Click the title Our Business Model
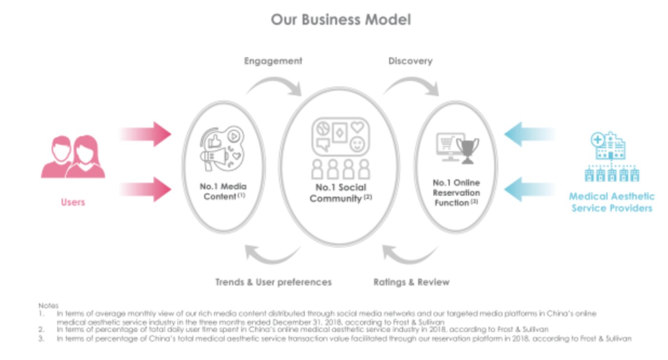pos(340,20)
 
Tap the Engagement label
pos(273,61)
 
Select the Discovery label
pos(410,61)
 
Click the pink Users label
pos(73,202)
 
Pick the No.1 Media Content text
pos(223,191)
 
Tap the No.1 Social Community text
pos(340,193)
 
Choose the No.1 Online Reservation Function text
pos(456,192)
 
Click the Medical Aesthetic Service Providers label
pos(611,202)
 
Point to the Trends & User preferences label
pos(273,282)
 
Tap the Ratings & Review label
pos(411,282)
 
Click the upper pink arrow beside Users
pos(146,134)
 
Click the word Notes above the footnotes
pos(48,305)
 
